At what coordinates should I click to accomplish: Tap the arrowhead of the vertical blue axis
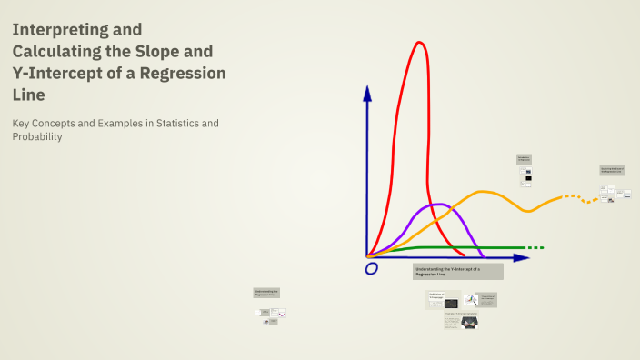point(366,91)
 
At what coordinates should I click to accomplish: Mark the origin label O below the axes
point(371,268)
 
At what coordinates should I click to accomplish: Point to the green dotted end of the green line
point(535,247)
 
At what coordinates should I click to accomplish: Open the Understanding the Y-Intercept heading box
point(457,272)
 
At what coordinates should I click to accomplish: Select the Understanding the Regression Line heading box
point(266,294)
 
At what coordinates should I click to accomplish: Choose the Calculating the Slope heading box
point(613,170)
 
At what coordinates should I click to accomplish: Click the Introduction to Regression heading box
point(524,159)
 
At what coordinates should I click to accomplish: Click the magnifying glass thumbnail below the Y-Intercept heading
point(470,300)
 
